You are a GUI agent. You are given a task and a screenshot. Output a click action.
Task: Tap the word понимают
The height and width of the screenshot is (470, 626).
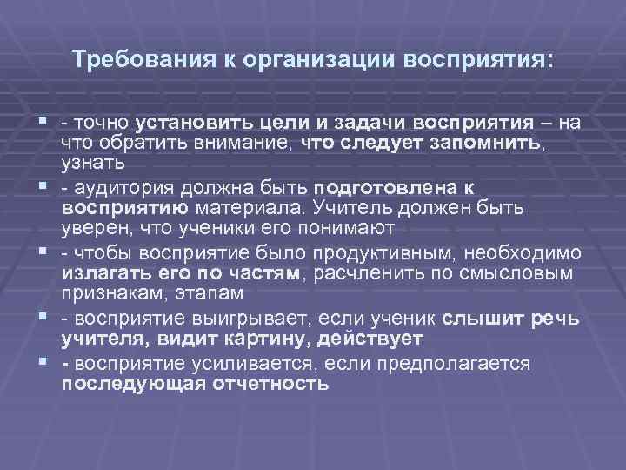pyautogui.click(x=338, y=228)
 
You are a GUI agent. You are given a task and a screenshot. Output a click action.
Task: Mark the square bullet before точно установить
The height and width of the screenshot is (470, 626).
pyautogui.click(x=41, y=121)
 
